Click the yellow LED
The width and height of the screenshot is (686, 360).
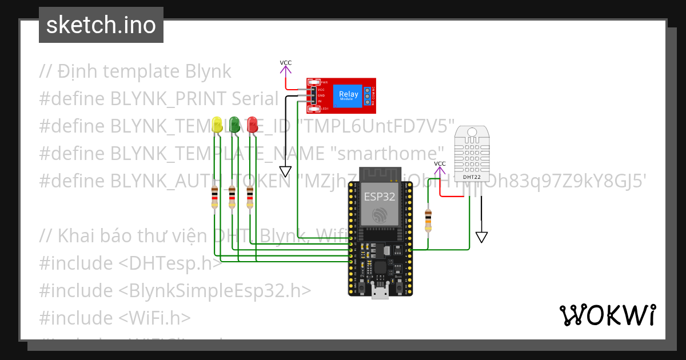click(x=217, y=125)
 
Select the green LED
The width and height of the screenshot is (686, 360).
click(x=234, y=125)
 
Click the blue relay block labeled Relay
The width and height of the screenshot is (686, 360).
click(x=349, y=95)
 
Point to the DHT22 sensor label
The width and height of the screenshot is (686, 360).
click(x=472, y=177)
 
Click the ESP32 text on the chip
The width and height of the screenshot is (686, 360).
click(x=380, y=197)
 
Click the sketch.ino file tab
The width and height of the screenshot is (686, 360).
click(x=101, y=25)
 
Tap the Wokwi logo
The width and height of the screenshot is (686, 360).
click(x=607, y=315)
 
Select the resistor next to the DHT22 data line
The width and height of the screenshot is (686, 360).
click(x=428, y=220)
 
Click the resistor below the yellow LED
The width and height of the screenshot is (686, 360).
click(x=214, y=197)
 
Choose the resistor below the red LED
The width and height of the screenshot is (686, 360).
click(x=250, y=197)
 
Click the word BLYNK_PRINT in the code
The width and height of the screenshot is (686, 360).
click(x=166, y=99)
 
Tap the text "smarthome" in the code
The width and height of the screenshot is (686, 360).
click(x=388, y=153)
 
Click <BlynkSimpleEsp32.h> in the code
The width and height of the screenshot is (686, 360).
click(x=215, y=290)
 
